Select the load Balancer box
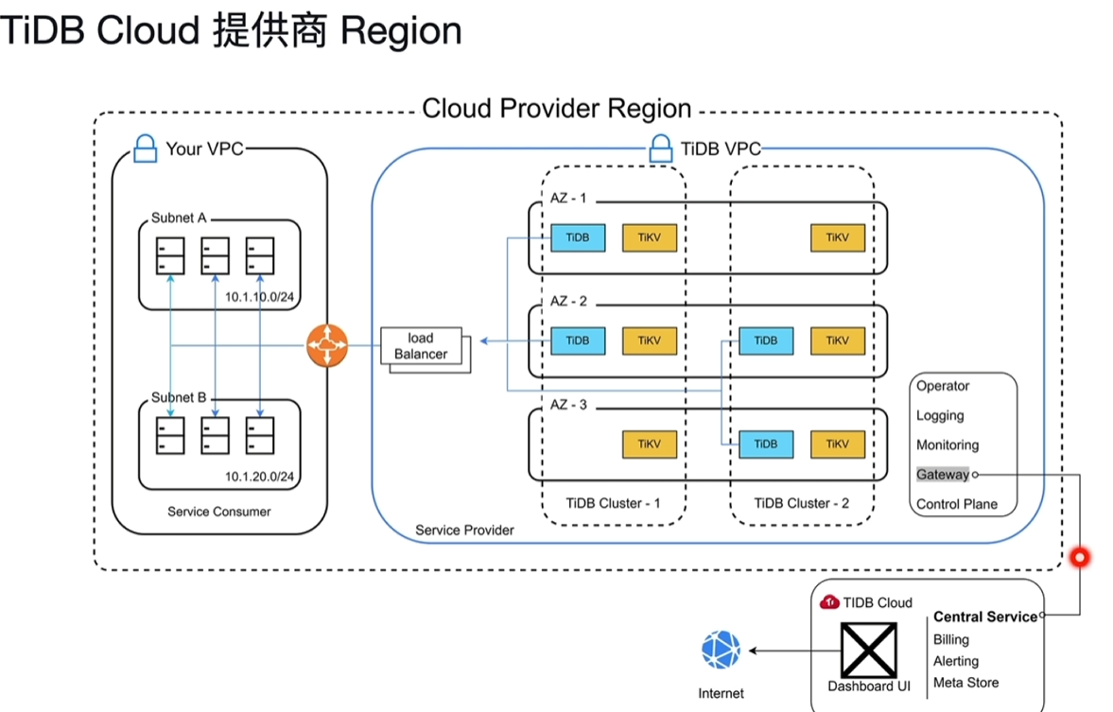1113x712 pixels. point(422,346)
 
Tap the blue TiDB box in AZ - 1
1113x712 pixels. point(578,238)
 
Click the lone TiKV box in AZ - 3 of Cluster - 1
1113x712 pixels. point(649,443)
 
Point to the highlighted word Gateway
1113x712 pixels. point(943,475)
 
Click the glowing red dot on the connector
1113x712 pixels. point(1078,558)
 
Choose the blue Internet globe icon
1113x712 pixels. point(721,651)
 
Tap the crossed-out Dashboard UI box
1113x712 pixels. point(868,650)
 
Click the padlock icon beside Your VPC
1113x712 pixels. point(145,148)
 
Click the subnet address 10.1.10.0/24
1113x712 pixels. point(259,297)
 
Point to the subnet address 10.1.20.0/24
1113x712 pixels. point(259,477)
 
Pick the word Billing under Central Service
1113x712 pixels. point(950,640)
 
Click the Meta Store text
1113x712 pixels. point(965,683)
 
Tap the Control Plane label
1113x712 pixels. point(956,504)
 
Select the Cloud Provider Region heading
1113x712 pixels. point(556,109)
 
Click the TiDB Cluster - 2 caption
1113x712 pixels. point(801,503)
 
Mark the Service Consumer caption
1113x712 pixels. point(219,512)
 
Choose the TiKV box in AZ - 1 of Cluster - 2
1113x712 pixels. point(837,238)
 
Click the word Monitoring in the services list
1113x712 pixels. point(948,445)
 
